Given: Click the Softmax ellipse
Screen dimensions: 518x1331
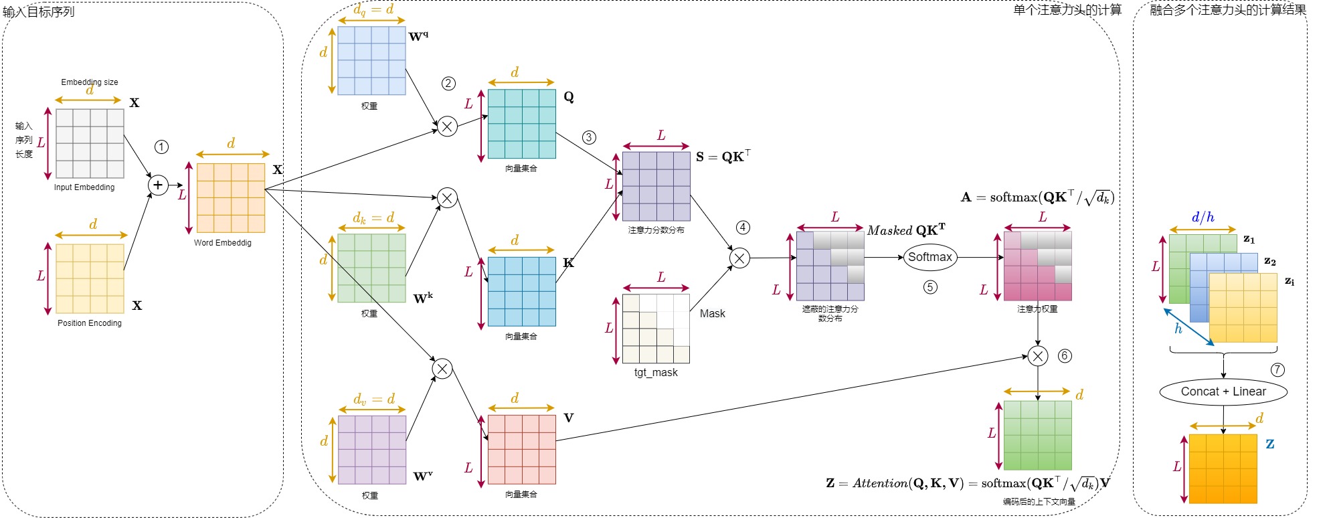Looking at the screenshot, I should point(929,257).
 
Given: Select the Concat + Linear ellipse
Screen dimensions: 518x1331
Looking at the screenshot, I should point(1223,392).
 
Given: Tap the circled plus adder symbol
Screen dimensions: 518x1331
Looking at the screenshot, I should point(158,185).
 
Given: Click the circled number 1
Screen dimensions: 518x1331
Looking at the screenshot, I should point(161,147).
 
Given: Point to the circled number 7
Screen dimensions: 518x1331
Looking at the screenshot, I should point(1277,369).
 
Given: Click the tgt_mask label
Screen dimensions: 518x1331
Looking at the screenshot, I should point(656,373).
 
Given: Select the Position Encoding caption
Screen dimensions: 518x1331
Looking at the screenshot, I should point(90,323).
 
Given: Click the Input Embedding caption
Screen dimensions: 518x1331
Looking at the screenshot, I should point(84,187).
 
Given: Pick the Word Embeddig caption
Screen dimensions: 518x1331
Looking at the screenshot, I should point(223,243).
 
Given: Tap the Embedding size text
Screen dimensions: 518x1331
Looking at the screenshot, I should point(90,82).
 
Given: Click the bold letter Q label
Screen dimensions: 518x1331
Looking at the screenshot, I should point(569,96).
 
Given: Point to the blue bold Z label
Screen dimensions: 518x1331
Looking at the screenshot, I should point(1269,444).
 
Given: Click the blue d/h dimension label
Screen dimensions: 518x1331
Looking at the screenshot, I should point(1203,217).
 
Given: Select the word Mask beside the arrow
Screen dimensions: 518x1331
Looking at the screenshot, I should point(712,313).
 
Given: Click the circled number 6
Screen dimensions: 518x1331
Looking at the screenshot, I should point(1065,355).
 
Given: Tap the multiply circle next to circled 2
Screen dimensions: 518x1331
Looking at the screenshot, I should point(447,126).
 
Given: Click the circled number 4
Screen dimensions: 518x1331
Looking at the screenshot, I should point(743,228).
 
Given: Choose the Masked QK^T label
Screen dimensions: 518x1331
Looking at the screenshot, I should point(906,230).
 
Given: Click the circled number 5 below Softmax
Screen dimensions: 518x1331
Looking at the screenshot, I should point(930,287).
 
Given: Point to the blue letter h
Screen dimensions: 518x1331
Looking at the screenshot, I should point(1178,329).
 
